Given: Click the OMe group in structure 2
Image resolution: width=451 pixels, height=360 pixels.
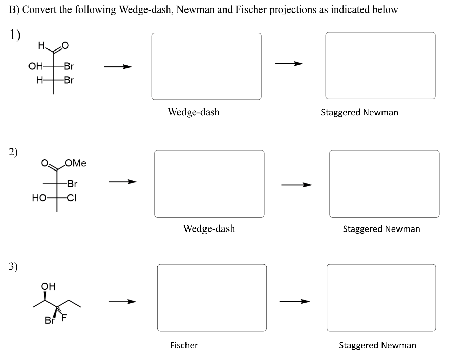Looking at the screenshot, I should coord(76,163).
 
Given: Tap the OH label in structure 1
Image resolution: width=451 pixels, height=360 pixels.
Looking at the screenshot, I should coord(35,66).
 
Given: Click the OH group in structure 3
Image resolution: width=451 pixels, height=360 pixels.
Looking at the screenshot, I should coord(48,286).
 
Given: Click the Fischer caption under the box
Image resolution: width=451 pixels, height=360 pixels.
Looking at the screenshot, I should coord(184,345).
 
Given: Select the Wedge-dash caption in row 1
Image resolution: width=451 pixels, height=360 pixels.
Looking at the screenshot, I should coord(194,112).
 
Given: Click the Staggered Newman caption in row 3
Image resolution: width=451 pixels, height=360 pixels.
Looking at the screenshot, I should coord(377,345).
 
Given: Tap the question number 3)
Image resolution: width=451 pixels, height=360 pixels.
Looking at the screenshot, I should coord(14,266).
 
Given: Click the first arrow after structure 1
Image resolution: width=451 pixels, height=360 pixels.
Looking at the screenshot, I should coord(117,67).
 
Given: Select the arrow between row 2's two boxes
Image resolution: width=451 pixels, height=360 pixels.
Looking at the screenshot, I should coord(296,185).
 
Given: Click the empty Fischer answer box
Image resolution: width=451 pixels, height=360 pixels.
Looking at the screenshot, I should coord(212,297).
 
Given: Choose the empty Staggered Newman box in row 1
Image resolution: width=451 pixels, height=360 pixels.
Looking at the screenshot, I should coord(380,65).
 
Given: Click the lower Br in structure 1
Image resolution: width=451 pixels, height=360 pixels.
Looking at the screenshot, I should coord(69,80).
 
